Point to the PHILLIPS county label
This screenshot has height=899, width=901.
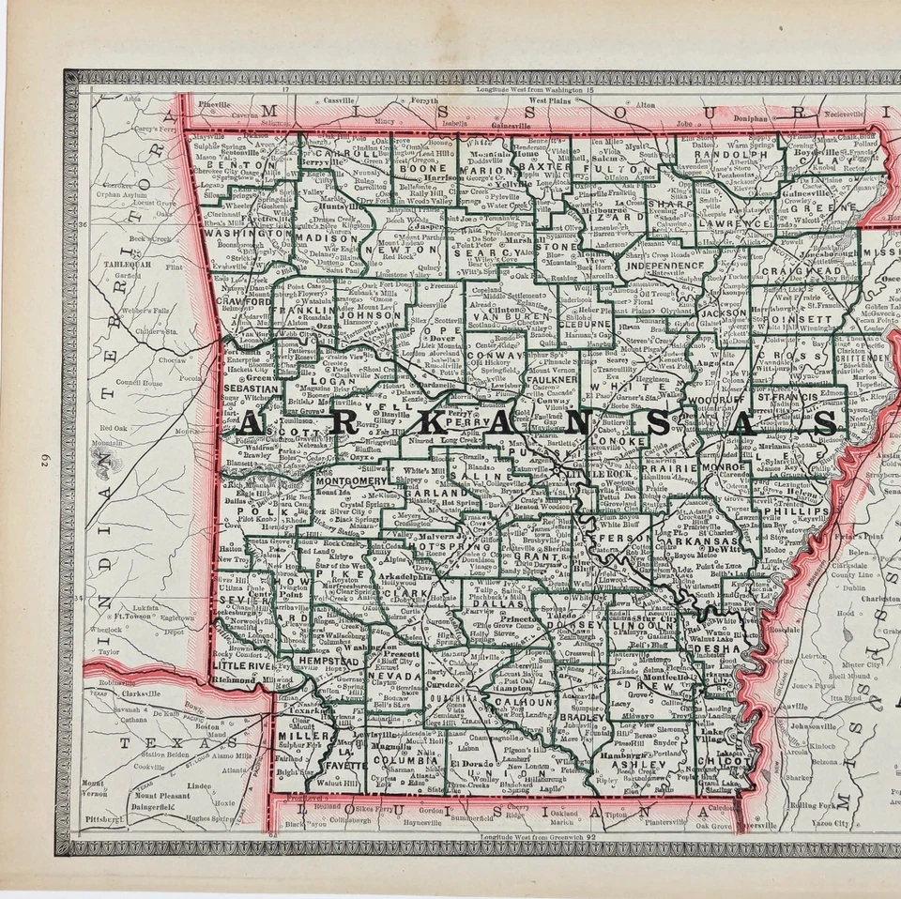click(797, 511)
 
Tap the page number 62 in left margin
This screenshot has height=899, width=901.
click(44, 459)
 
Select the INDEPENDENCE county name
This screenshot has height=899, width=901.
click(664, 266)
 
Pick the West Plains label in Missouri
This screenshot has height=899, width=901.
click(550, 100)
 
